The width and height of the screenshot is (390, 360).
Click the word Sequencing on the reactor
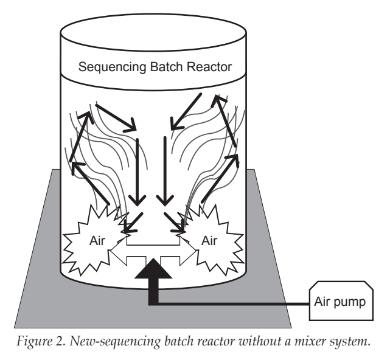(112, 67)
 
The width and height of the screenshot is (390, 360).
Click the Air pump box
(341, 300)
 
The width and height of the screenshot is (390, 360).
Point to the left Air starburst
(94, 240)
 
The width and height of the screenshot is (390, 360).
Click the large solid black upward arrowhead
(153, 269)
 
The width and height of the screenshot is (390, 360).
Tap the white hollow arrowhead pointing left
(119, 251)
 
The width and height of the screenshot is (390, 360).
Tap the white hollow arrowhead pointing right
(188, 251)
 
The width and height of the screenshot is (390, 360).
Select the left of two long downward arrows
(137, 172)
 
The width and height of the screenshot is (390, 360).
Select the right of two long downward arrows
(165, 171)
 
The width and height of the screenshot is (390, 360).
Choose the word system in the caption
(350, 342)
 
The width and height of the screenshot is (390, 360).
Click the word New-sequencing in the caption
(115, 341)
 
